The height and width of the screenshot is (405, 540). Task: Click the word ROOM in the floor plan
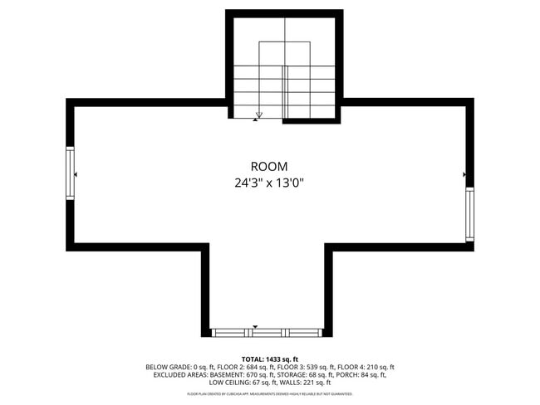269,167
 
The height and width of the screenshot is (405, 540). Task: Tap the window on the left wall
71,173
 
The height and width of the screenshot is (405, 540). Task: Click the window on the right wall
469,213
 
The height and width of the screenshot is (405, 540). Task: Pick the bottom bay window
267,332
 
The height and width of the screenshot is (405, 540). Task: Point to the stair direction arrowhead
259,115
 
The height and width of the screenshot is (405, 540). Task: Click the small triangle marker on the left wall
76,175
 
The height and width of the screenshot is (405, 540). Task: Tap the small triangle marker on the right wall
464,175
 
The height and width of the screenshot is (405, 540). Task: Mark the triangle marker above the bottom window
255,326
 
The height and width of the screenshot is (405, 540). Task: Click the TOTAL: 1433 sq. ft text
269,359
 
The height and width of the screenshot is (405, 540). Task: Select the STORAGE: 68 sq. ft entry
299,375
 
